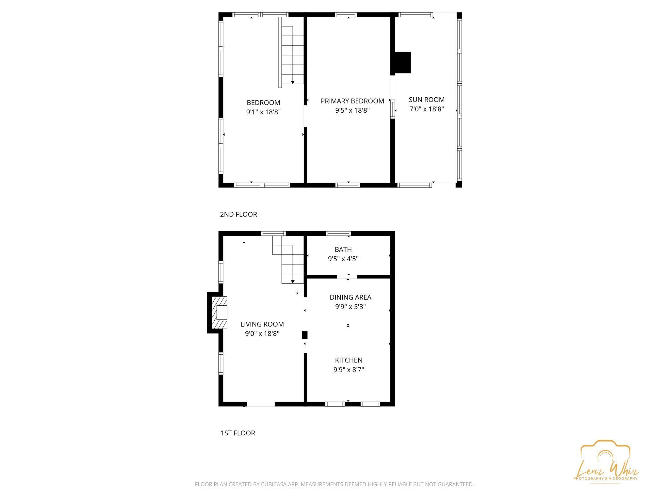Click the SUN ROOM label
point(427,100)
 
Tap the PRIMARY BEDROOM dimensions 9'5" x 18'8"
point(352,110)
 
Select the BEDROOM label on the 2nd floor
point(263,103)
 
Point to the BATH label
point(343,250)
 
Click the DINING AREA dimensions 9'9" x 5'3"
point(350,307)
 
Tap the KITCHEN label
point(349,360)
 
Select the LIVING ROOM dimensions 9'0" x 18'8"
point(262,333)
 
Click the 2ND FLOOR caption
point(238,214)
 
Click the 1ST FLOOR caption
point(238,433)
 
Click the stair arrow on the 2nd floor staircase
point(293,82)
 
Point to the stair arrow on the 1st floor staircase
point(293,281)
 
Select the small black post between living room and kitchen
point(304,335)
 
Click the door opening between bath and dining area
point(347,277)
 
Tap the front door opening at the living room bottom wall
point(261,404)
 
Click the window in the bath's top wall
point(338,234)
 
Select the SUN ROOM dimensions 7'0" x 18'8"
point(427,109)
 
